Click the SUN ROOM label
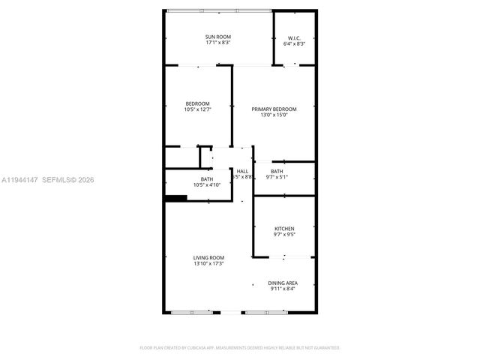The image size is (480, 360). pyautogui.click(x=219, y=37)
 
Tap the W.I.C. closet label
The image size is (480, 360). pyautogui.click(x=294, y=37)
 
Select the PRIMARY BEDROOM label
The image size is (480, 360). pyautogui.click(x=274, y=109)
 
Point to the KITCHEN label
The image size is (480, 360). pyautogui.click(x=284, y=229)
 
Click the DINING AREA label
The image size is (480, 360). pyautogui.click(x=283, y=283)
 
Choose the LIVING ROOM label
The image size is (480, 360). pyautogui.click(x=208, y=257)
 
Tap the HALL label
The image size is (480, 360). pyautogui.click(x=242, y=172)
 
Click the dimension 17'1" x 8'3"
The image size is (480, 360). pyautogui.click(x=219, y=43)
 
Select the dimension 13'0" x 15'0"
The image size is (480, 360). pyautogui.click(x=274, y=115)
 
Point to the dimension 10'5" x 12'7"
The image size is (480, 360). pyautogui.click(x=198, y=109)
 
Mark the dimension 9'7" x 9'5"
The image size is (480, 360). pyautogui.click(x=284, y=235)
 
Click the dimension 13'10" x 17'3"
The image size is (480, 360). pyautogui.click(x=208, y=263)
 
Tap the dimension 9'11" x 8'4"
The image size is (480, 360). pyautogui.click(x=283, y=289)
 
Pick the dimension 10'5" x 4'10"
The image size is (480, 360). pyautogui.click(x=206, y=184)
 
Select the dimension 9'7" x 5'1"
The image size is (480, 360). pyautogui.click(x=277, y=178)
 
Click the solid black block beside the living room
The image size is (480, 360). pyautogui.click(x=175, y=199)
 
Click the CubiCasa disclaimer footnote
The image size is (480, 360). pyautogui.click(x=240, y=348)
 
